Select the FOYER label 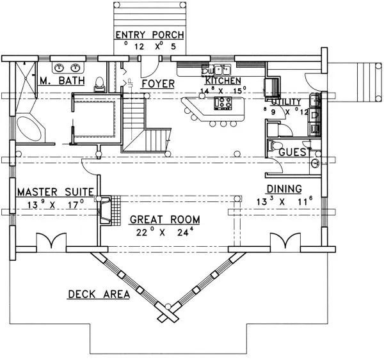[155, 83]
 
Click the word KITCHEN [222, 81]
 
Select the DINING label [285, 189]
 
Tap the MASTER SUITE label [56, 191]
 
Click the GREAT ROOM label [164, 219]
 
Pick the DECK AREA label [99, 294]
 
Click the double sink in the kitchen [222, 70]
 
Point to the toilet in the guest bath [273, 146]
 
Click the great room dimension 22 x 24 [164, 233]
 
